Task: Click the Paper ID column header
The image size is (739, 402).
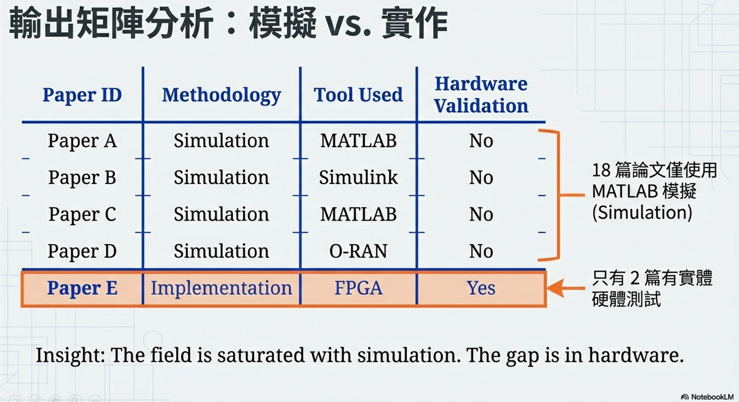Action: tap(82, 95)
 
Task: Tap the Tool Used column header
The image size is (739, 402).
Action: tap(358, 95)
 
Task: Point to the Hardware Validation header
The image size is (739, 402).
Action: tap(481, 95)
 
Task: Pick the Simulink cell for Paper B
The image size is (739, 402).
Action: tap(358, 177)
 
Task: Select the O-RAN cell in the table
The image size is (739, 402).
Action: tap(358, 251)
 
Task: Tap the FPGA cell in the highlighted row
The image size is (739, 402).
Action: tap(358, 288)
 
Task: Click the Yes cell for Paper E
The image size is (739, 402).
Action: tap(481, 288)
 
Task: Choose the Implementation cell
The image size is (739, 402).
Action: tap(221, 288)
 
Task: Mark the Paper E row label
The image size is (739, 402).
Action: tap(82, 288)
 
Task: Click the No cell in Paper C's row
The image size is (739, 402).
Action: tap(481, 214)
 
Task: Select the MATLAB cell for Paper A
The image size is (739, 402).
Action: tap(358, 141)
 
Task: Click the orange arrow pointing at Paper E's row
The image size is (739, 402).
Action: tap(565, 288)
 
